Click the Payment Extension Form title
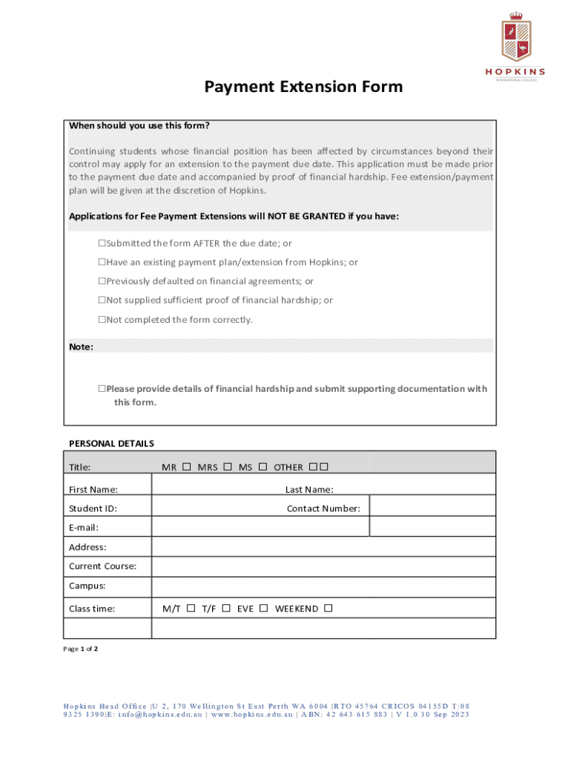point(304,87)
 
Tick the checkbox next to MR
point(187,467)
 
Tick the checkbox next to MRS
point(228,467)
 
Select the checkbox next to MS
point(263,467)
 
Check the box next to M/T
point(191,609)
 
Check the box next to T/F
point(226,609)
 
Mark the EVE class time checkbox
point(264,609)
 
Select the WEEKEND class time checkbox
point(329,609)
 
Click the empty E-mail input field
point(260,528)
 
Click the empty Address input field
point(323,547)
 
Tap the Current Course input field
point(323,566)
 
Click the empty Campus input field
point(323,586)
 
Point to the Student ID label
point(93,508)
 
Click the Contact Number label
point(323,508)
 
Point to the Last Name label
point(309,489)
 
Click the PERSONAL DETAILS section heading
point(111,443)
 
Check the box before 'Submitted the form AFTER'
point(102,243)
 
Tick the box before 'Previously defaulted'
point(102,282)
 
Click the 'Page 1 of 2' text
point(81,649)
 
